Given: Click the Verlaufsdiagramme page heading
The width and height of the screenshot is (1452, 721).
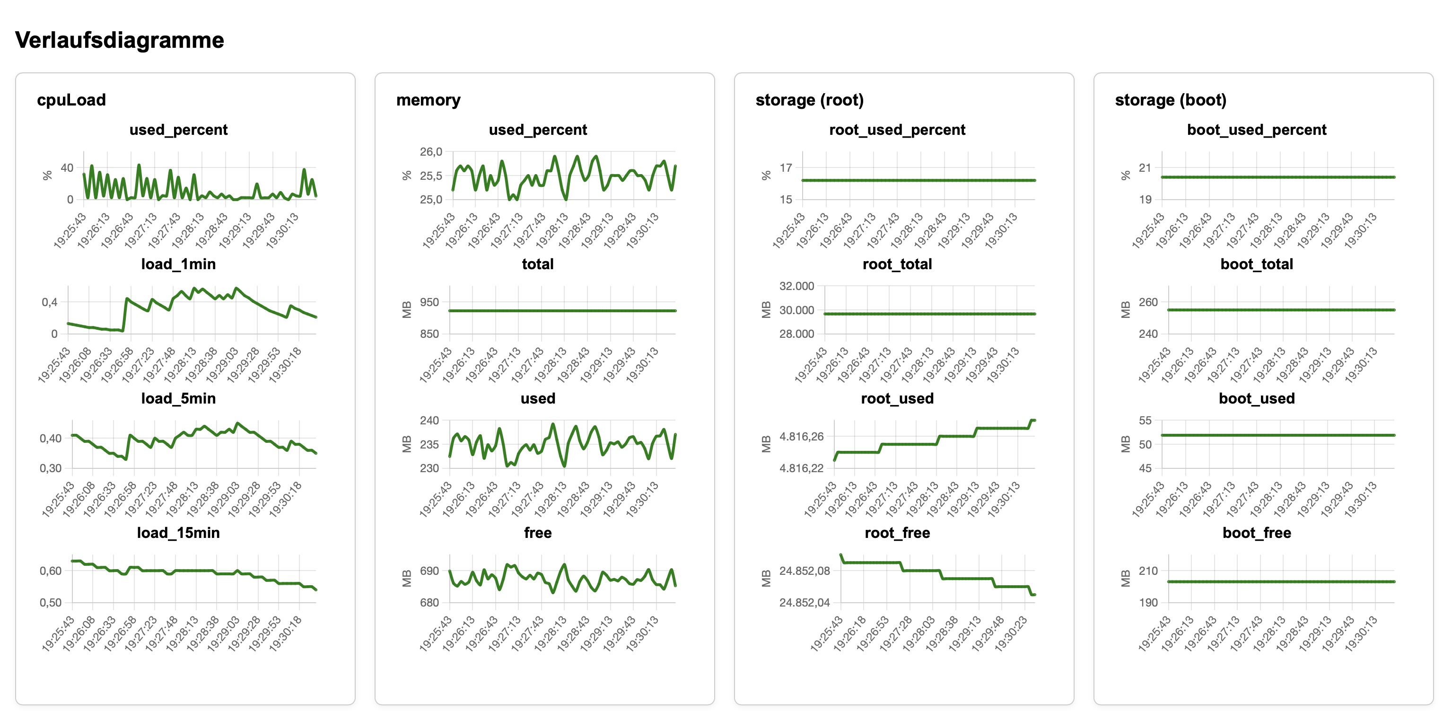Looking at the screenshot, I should (x=120, y=41).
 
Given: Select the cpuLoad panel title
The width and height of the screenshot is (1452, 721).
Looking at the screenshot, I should (x=71, y=100).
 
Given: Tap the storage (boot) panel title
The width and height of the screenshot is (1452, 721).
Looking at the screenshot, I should (x=1170, y=100).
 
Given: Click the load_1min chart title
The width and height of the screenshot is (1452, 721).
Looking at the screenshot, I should (x=178, y=264).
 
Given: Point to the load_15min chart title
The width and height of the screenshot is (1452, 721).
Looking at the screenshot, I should (x=178, y=533).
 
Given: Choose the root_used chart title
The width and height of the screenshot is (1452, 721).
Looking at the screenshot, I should (x=897, y=398).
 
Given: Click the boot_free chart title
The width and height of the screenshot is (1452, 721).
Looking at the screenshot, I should (x=1256, y=533).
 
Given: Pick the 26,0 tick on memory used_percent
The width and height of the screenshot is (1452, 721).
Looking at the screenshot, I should (x=431, y=152).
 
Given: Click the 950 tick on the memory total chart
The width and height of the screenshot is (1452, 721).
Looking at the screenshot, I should (x=429, y=302).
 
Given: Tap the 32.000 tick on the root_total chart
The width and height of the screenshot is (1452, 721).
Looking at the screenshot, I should (x=796, y=286).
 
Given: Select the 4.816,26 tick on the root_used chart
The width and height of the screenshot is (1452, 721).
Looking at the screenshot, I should (x=801, y=436).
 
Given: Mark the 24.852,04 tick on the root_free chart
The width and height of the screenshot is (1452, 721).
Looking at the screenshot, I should (x=805, y=603).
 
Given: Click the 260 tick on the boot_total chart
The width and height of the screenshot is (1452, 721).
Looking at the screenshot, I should (x=1148, y=302).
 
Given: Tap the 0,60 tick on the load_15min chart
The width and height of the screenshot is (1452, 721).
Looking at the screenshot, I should (x=51, y=571).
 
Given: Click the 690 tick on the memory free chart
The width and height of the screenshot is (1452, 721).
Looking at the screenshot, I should (x=429, y=571).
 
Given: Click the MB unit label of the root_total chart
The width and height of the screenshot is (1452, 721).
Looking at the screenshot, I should (x=766, y=309).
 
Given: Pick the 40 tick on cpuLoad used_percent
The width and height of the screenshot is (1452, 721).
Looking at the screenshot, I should (x=67, y=168).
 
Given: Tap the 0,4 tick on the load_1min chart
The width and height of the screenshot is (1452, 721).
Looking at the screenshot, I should (x=50, y=302).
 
